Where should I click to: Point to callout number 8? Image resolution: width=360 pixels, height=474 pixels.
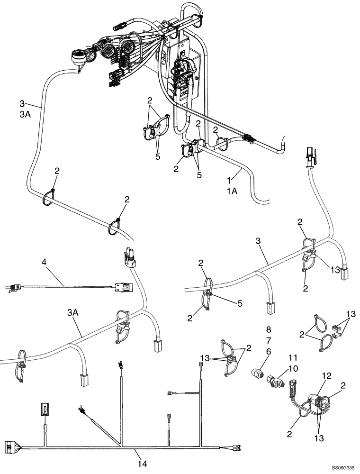[269, 329]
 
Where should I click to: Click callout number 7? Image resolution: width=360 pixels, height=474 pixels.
[269, 341]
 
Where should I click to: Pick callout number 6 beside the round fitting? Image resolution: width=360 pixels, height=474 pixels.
[269, 352]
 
